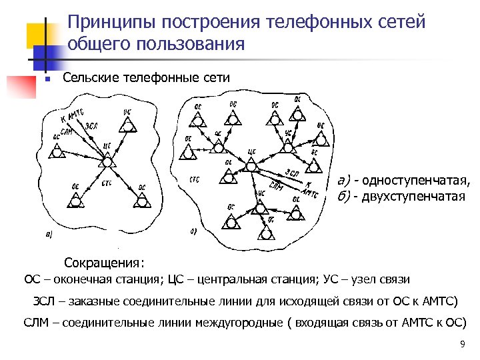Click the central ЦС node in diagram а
click(107, 161)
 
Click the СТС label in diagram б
click(195, 179)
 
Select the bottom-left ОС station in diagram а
click(75, 198)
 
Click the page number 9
click(462, 345)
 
